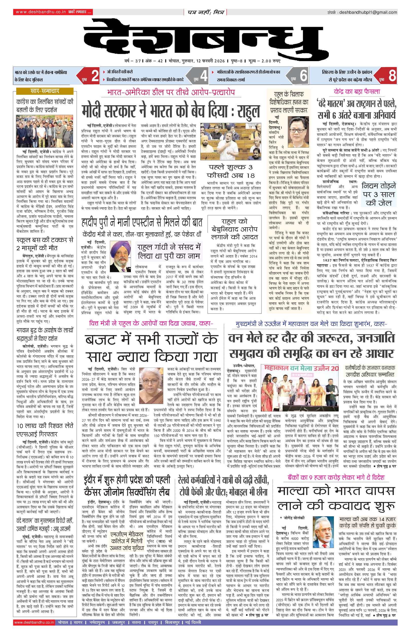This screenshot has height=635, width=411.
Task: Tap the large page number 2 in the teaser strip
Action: pyautogui.click(x=95, y=76)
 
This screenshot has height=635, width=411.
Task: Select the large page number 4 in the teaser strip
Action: pyautogui.click(x=204, y=76)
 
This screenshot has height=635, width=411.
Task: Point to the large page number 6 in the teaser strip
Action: pyautogui.click(x=303, y=76)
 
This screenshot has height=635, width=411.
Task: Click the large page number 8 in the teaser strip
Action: pyautogui.click(x=392, y=76)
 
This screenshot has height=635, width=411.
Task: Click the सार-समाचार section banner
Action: pyautogui.click(x=45, y=91)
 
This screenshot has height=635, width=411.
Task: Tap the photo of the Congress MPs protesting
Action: pyautogui.click(x=45, y=131)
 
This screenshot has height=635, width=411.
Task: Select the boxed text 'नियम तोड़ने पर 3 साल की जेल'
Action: pyautogui.click(x=379, y=194)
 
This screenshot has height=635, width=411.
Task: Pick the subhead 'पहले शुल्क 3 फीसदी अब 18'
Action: pyautogui.click(x=231, y=171)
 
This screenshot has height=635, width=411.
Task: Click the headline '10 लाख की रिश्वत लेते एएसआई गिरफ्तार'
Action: pyautogui.click(x=45, y=430)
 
